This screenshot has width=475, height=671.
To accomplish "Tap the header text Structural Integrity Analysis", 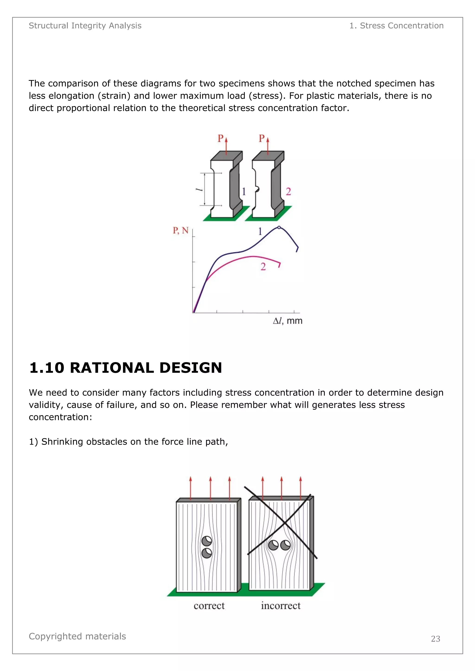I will pos(85,26).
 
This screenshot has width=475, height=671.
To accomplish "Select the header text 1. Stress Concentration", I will pos(396,26).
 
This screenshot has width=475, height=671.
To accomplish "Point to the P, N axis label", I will pos(180,231).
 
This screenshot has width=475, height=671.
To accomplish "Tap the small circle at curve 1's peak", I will pos(279,227).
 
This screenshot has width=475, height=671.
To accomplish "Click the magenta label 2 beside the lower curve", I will pos(263,266).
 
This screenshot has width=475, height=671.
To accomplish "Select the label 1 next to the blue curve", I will pos(260,232).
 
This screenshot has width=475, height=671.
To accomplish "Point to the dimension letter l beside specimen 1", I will pos(199,190).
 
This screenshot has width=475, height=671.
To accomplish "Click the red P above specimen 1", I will pos(221,138).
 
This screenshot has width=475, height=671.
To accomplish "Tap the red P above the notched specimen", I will pos(262,138).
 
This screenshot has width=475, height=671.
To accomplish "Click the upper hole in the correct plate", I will pos(207,541).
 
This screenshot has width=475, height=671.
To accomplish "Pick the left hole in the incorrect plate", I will pos(273,545).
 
